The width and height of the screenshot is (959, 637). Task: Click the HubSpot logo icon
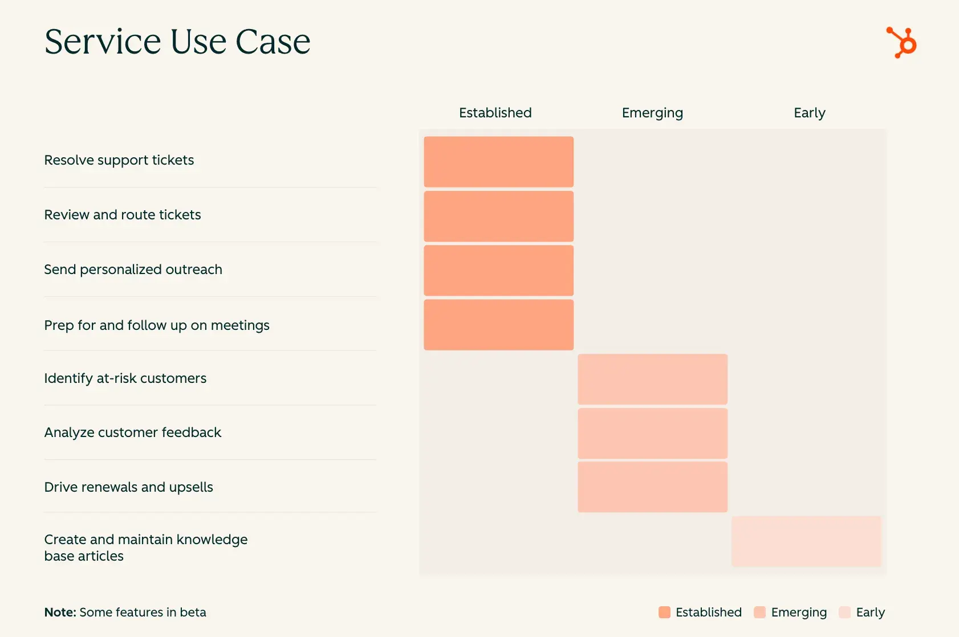coord(901,42)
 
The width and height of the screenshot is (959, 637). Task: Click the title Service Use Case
coord(177,42)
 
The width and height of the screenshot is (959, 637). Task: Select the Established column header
coord(495,113)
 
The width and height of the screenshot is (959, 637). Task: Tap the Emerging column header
coord(652,113)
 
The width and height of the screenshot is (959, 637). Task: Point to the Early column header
coord(809,113)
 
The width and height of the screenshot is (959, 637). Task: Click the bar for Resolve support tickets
coord(498,161)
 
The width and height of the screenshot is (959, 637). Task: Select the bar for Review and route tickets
coord(498,216)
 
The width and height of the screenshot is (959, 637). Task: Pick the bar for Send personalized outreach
coord(498,270)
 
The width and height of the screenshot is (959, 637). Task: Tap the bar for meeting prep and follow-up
coord(498,324)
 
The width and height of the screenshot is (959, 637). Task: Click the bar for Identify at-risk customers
coord(652,379)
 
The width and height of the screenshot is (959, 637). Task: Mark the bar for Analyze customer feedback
coord(652,433)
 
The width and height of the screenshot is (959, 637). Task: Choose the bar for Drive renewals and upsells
coord(652,487)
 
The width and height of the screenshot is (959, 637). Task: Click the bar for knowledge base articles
coord(806,541)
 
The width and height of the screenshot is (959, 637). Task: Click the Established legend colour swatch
coord(664,612)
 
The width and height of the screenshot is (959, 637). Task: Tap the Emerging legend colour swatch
coord(759,612)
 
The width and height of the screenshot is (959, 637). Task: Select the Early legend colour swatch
coord(844,612)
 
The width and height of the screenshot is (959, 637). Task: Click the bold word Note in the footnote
coord(60,612)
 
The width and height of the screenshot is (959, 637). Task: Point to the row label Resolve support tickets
coord(119,160)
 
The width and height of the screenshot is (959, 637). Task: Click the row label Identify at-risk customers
coord(125,378)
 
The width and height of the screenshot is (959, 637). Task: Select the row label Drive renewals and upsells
coord(129,487)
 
